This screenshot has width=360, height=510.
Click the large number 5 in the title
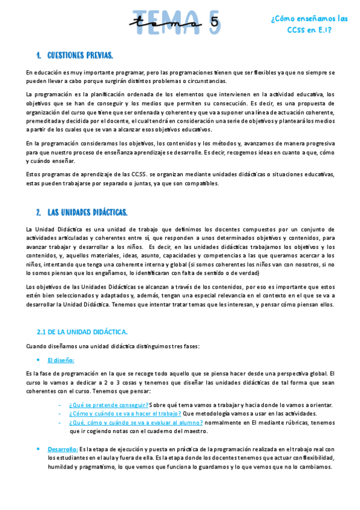pyautogui.click(x=215, y=22)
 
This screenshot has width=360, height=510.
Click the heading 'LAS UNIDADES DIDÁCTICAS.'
pyautogui.click(x=87, y=212)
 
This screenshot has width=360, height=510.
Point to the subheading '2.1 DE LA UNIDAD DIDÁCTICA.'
pyautogui.click(x=82, y=331)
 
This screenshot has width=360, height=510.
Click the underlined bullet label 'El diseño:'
pyautogui.click(x=61, y=360)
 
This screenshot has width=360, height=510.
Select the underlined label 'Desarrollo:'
pyautogui.click(x=63, y=449)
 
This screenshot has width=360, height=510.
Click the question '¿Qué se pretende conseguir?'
pyautogui.click(x=109, y=405)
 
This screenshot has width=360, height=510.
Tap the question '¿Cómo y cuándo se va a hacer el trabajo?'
pyautogui.click(x=125, y=414)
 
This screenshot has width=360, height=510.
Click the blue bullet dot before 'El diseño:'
pyautogui.click(x=39, y=360)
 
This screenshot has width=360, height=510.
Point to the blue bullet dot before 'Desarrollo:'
pyautogui.click(x=39, y=449)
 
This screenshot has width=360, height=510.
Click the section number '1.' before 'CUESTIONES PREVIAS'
pyautogui.click(x=38, y=55)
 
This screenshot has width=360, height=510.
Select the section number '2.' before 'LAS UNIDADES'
pyautogui.click(x=38, y=212)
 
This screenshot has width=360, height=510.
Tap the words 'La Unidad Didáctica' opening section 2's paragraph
pyautogui.click(x=52, y=229)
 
